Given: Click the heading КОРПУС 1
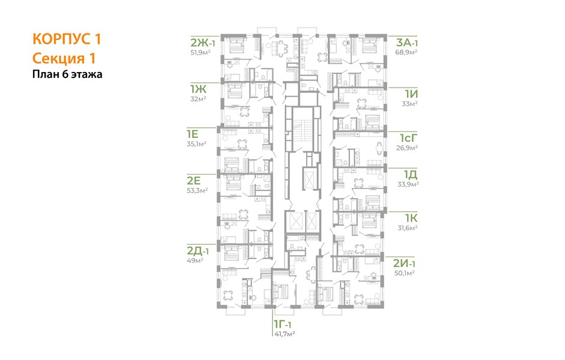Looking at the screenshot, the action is pos(67,39).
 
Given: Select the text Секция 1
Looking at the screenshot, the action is pos(64,58).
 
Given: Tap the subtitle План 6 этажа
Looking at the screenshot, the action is pos(67,74).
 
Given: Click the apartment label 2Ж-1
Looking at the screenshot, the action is pos(203,43).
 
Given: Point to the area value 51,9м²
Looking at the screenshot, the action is pos(201,52).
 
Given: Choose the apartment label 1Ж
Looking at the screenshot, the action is pos(198,89).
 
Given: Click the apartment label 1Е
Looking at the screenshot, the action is pos(192,134).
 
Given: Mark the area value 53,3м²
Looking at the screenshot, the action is pos(197,190).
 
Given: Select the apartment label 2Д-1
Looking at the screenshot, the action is pos(198,251).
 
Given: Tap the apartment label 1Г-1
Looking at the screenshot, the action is pos(283,325).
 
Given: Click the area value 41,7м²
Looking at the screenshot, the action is pos(285,334).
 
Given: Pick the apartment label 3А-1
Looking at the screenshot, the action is pos(407,43).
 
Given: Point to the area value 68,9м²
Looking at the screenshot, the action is pos(407,52).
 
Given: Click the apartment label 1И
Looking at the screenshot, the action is pos(411,94).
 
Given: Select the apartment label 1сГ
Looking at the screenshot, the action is pos(409,138).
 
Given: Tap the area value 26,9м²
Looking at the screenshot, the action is pos(407,147).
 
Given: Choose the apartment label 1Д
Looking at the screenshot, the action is pos(411,175).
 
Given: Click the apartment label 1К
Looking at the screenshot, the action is pos(411,218).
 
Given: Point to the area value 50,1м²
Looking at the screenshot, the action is pos(404,273).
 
